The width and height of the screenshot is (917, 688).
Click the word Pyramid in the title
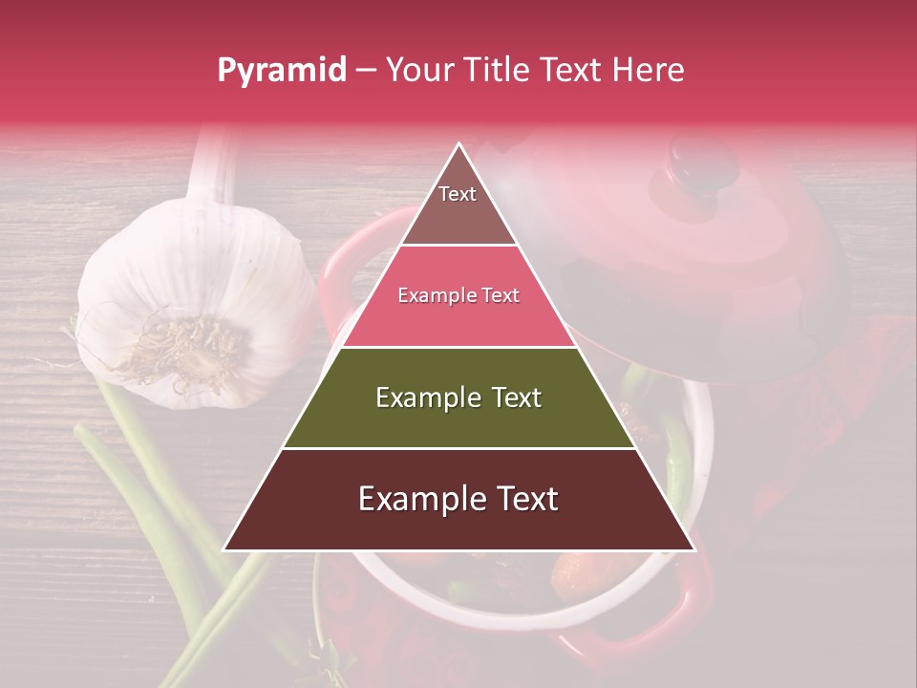tap(281, 71)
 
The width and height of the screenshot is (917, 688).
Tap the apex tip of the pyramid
tap(458, 144)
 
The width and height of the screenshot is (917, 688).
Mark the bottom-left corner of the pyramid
tap(225, 549)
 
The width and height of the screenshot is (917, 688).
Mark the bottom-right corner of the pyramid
tap(693, 549)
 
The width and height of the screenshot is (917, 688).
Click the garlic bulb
tap(191, 306)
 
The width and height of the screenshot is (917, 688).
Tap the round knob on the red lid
tap(705, 162)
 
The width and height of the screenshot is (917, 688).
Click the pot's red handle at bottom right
tap(683, 602)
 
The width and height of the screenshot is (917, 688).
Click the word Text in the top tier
tap(458, 194)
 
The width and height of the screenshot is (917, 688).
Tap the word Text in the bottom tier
tap(521, 499)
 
